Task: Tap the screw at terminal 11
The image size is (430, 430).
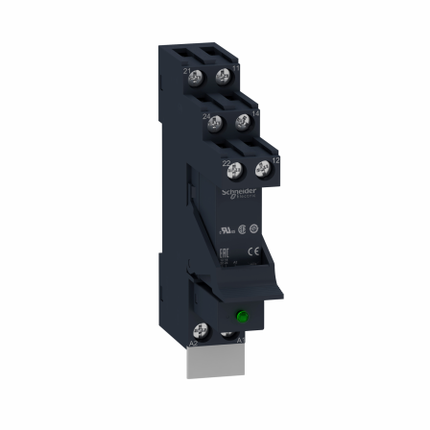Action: [225, 74]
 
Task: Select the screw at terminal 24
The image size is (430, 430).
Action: [217, 122]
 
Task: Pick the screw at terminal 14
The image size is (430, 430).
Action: [243, 121]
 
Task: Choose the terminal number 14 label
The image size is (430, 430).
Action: [256, 113]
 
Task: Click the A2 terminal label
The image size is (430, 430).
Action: [193, 343]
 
